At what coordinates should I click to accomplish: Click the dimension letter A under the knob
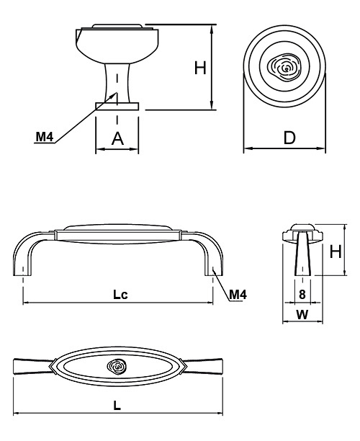point(117,138)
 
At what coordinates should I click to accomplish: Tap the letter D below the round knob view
point(289,138)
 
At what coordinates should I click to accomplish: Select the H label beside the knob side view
point(200,68)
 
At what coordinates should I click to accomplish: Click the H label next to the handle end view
point(336,251)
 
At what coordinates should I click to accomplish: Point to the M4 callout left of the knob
point(45,137)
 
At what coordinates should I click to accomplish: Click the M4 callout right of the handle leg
point(238,295)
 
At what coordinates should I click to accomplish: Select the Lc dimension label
point(120,295)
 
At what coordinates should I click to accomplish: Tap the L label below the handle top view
point(117,405)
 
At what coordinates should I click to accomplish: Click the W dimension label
point(302,314)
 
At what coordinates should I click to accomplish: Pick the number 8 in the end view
point(302,295)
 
